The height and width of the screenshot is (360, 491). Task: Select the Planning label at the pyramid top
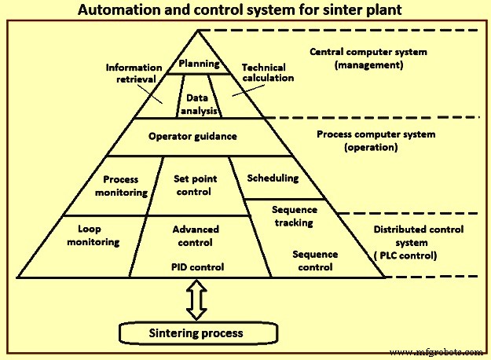click(198, 63)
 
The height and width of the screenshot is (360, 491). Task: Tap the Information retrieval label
click(134, 72)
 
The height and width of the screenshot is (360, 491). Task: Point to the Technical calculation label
click(267, 73)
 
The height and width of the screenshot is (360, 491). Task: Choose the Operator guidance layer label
click(192, 136)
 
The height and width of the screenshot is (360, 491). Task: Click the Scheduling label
click(273, 178)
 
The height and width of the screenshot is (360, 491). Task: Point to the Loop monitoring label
click(99, 236)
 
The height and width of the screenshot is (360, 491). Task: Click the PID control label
click(197, 266)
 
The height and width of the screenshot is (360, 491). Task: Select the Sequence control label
click(315, 260)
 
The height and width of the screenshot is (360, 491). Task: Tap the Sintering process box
click(196, 333)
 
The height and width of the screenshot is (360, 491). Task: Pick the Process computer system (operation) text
click(376, 140)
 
